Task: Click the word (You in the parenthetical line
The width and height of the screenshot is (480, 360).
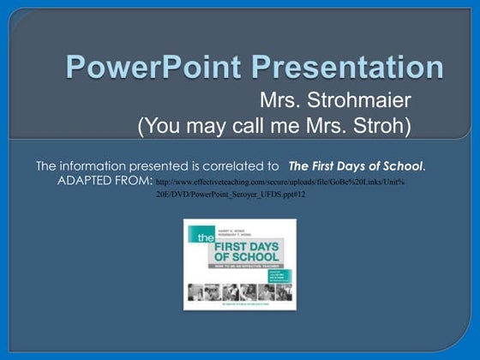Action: pyautogui.click(x=159, y=127)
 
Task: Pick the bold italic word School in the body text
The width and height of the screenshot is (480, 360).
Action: pyautogui.click(x=403, y=165)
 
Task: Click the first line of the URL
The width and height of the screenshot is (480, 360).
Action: pyautogui.click(x=274, y=183)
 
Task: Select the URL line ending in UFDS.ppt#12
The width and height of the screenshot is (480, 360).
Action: pyautogui.click(x=231, y=195)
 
